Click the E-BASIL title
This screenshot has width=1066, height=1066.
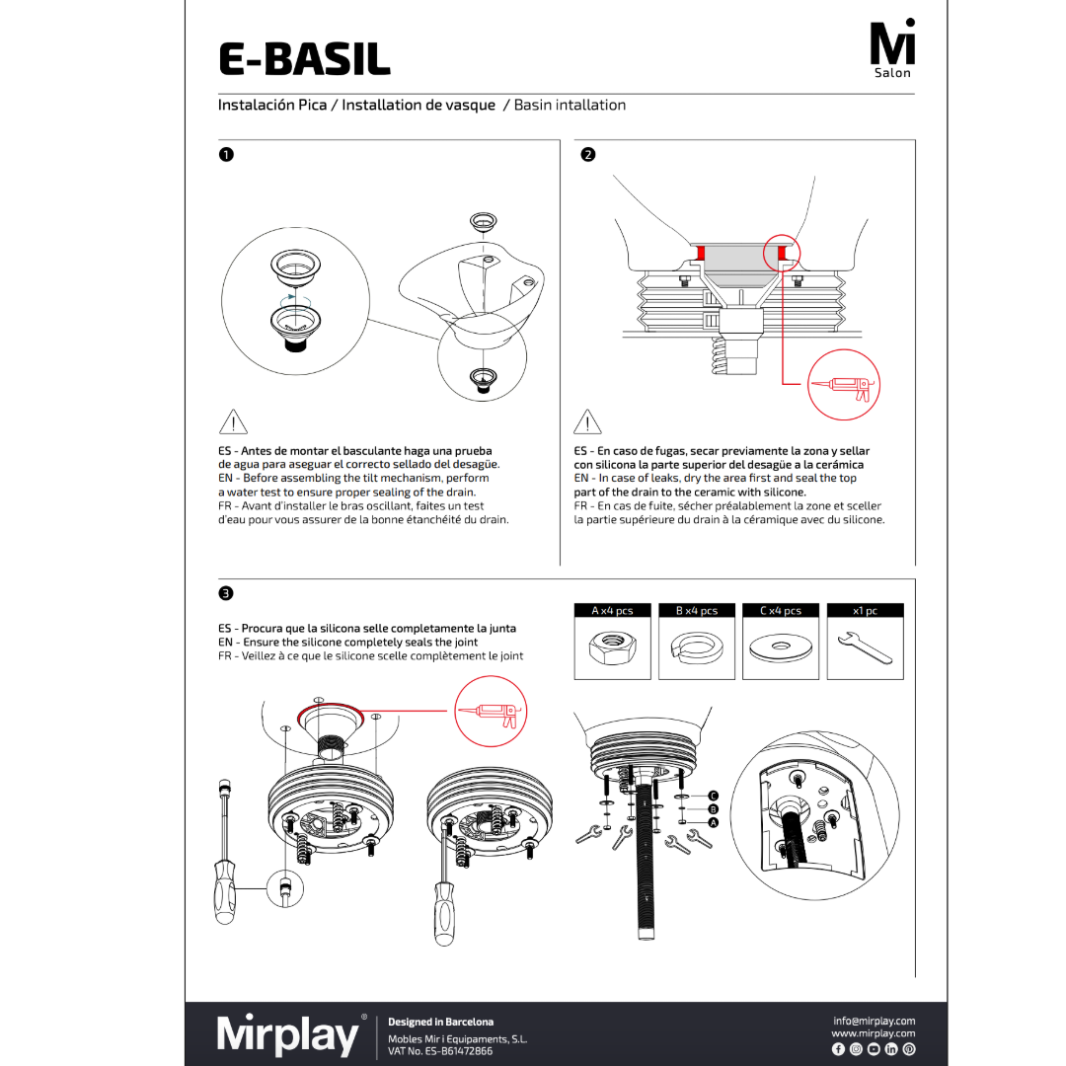[x=304, y=58]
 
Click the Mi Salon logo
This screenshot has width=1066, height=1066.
[x=892, y=49]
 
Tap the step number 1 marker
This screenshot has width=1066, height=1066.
[x=226, y=155]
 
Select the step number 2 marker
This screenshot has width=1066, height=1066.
[x=587, y=155]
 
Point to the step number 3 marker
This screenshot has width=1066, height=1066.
[x=226, y=593]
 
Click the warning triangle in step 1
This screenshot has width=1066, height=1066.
[x=232, y=422]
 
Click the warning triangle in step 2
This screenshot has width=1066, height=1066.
[x=587, y=422]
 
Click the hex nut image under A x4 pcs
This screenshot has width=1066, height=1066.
[x=612, y=648]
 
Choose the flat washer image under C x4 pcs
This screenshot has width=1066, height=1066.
[x=780, y=648]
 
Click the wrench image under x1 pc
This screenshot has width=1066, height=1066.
[x=865, y=648]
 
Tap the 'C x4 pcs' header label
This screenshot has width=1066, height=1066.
[x=780, y=611]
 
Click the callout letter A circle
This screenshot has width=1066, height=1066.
[x=713, y=822]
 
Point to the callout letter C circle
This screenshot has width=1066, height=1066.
[x=713, y=796]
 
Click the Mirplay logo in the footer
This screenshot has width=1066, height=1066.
[x=288, y=1034]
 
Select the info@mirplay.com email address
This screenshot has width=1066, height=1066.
[x=874, y=1021]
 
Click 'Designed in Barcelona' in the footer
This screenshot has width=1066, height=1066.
[x=440, y=1022]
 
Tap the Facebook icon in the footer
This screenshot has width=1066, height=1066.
[x=838, y=1048]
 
